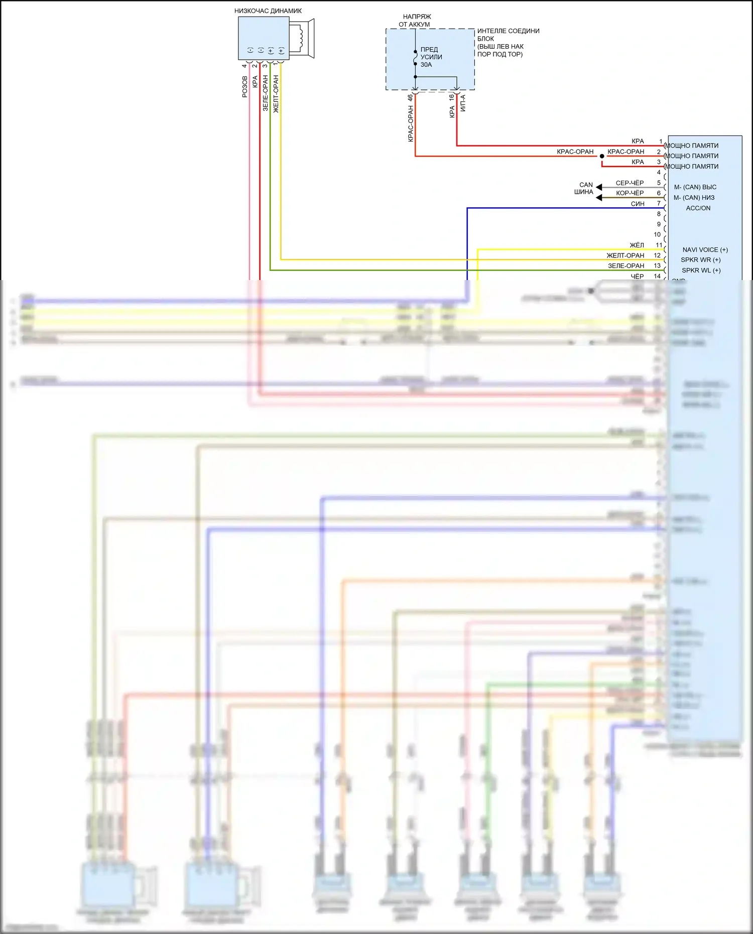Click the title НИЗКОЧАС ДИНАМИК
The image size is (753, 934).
click(x=268, y=11)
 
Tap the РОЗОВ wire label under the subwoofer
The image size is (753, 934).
click(x=244, y=87)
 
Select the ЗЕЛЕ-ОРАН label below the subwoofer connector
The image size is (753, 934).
click(x=265, y=93)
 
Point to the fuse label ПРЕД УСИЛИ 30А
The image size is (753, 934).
click(x=431, y=57)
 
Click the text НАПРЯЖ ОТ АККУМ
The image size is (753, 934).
click(x=416, y=21)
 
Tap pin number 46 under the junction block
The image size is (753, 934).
click(x=410, y=97)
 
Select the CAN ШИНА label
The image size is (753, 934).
click(x=585, y=188)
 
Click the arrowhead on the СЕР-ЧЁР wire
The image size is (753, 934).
click(x=599, y=187)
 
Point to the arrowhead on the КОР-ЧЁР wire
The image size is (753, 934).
click(x=599, y=198)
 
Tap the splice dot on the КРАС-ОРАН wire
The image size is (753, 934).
click(x=602, y=156)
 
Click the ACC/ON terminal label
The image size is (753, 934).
click(x=698, y=208)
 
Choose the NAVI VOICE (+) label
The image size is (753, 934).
click(x=705, y=249)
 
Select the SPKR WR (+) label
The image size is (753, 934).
click(x=700, y=260)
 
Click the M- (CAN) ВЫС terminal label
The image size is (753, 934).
click(x=695, y=187)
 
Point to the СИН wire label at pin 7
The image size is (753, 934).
click(x=638, y=204)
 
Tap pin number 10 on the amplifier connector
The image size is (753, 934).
click(x=657, y=234)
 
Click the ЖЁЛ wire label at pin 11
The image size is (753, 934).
click(x=637, y=245)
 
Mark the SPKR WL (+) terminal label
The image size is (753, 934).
click(x=701, y=271)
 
